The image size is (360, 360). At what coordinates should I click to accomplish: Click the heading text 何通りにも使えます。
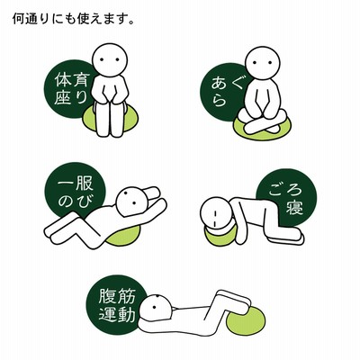73,19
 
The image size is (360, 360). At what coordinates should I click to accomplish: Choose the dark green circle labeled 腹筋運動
115,303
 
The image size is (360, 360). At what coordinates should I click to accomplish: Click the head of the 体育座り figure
110,59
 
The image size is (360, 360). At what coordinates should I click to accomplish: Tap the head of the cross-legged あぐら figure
263,63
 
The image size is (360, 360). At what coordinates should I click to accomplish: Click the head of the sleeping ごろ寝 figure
215,213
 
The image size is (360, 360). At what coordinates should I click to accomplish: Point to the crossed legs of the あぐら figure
260,123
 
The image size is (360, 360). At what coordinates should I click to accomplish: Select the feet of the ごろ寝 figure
285,238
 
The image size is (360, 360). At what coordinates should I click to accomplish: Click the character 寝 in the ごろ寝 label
294,206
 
